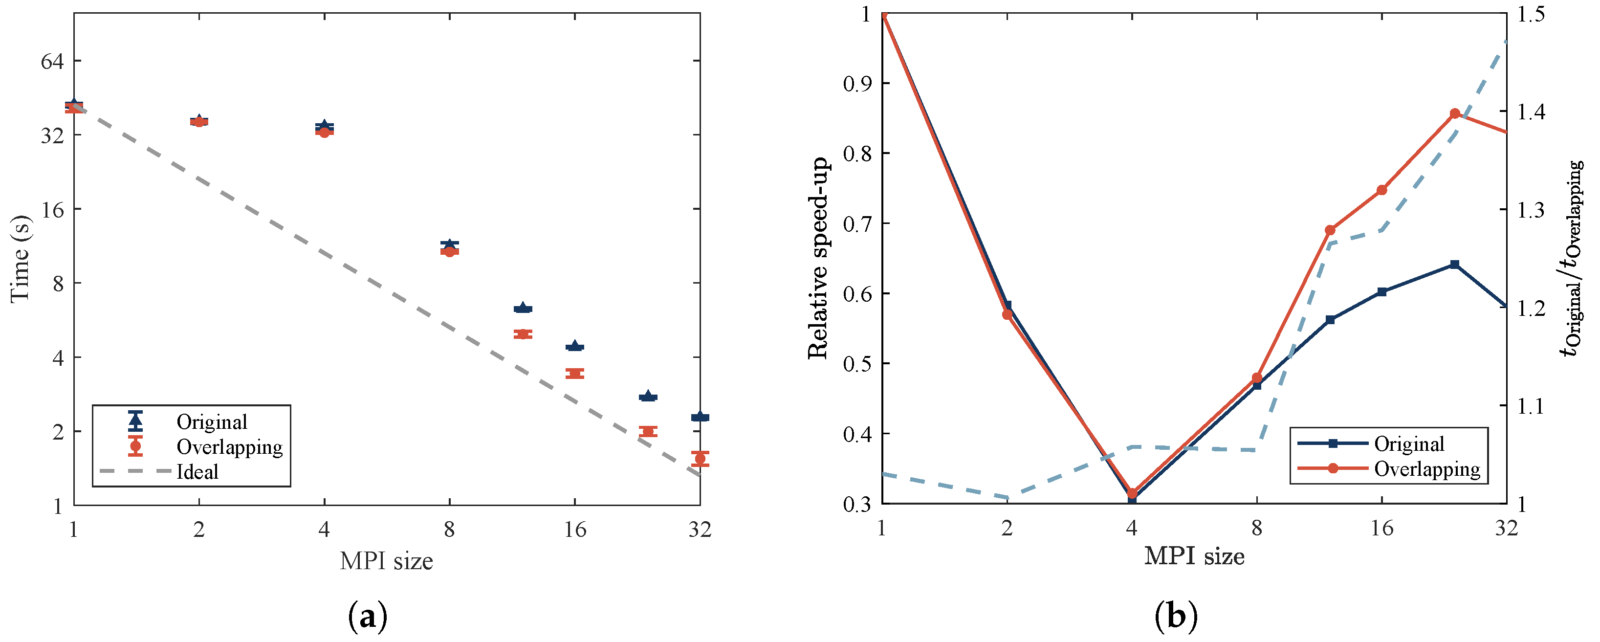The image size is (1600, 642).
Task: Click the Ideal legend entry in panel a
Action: tap(197, 472)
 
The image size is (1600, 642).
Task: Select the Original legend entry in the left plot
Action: tap(211, 422)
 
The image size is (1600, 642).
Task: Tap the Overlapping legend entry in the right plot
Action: tap(1427, 468)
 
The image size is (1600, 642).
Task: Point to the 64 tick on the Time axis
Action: tap(52, 61)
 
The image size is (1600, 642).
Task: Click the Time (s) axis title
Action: tap(20, 259)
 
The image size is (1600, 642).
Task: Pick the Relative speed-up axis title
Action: tap(818, 259)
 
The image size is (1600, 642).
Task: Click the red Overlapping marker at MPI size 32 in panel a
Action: tap(700, 459)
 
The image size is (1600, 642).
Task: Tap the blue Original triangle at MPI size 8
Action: tap(449, 244)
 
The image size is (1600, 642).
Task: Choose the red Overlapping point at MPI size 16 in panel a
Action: tap(574, 374)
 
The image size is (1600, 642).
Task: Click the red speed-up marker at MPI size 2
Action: tap(1007, 314)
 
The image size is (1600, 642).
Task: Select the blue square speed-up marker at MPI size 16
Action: tap(1382, 291)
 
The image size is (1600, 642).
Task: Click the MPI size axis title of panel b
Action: tap(1194, 556)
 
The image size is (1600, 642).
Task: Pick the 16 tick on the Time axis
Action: tap(52, 209)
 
